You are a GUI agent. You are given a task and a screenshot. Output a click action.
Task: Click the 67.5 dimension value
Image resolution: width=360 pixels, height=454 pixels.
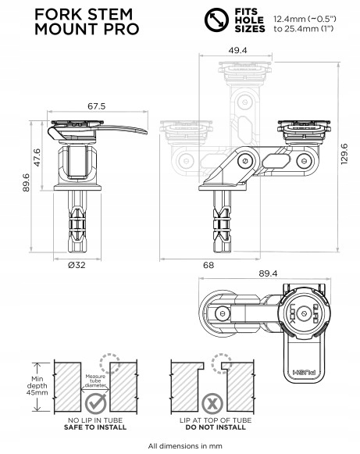click(97, 106)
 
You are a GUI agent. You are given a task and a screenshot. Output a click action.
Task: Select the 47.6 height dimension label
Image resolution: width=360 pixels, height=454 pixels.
click(37, 157)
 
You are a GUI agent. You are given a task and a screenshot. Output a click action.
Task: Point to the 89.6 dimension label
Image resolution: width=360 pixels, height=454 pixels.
click(26, 182)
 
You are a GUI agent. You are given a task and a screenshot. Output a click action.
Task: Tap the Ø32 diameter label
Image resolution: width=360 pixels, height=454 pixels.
click(77, 265)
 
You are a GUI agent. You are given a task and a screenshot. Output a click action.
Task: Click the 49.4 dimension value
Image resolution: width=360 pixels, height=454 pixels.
click(238, 50)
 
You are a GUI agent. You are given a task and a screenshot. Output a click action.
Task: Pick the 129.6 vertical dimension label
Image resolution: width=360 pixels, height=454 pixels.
click(344, 154)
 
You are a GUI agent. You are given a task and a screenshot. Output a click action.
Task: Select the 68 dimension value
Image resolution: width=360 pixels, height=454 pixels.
click(209, 265)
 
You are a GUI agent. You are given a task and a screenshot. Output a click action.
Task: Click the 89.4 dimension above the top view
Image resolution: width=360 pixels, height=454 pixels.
click(268, 273)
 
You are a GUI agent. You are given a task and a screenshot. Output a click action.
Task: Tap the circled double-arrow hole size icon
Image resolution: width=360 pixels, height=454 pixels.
click(216, 20)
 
